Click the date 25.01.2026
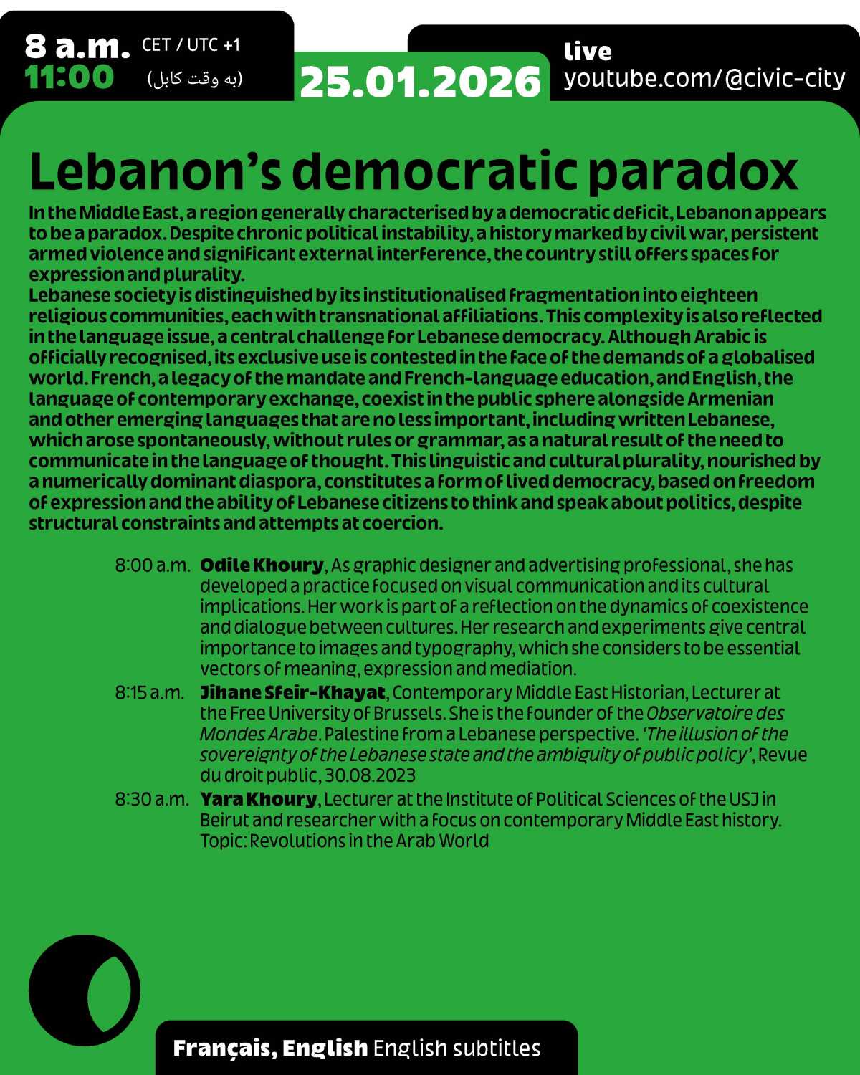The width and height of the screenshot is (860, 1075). tap(420, 82)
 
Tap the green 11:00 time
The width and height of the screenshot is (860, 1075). tap(70, 77)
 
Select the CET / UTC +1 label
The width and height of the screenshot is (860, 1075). tap(191, 45)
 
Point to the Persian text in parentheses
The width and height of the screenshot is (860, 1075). tap(195, 79)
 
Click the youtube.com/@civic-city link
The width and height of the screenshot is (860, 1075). tap(704, 77)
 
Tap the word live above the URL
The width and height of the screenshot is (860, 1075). tap(588, 52)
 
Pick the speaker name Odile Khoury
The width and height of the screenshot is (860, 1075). tap(262, 565)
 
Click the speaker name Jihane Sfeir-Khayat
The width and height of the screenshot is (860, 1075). tap(292, 692)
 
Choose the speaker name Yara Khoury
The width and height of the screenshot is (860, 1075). tap(258, 798)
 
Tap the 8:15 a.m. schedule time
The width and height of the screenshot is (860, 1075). tap(150, 693)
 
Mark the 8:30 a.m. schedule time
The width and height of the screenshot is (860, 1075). tap(151, 799)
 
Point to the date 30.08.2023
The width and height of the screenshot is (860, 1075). tap(370, 775)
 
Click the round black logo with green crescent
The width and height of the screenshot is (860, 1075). tap(85, 990)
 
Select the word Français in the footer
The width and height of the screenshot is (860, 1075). tap(221, 1048)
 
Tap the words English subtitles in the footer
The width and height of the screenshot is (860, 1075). tap(457, 1048)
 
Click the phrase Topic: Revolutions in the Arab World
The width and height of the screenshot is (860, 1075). tap(344, 840)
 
